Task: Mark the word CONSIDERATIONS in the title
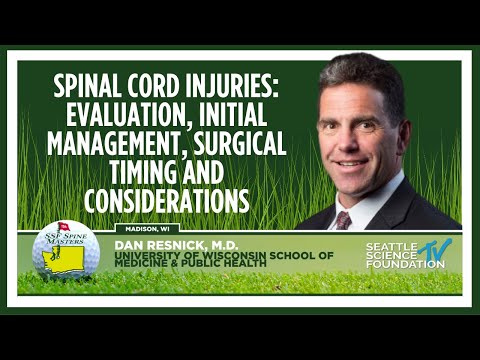(165, 200)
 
